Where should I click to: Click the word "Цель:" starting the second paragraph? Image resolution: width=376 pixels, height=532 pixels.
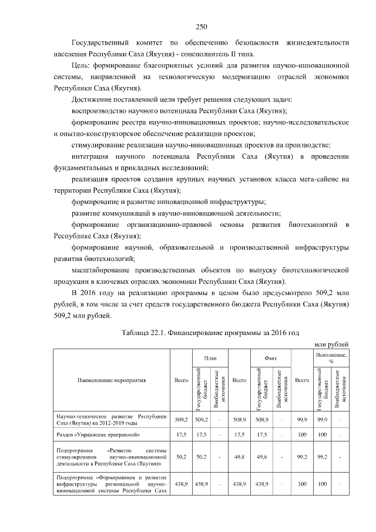pyautogui.click(x=80, y=66)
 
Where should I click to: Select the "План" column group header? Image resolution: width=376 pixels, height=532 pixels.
pyautogui.click(x=202, y=357)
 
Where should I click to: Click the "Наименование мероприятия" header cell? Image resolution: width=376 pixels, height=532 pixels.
pyautogui.click(x=112, y=380)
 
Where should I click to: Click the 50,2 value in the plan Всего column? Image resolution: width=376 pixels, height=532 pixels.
pyautogui.click(x=181, y=456)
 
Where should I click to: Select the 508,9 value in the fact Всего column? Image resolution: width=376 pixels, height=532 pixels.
pyautogui.click(x=239, y=419)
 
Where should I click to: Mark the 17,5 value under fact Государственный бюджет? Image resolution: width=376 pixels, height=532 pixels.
pyautogui.click(x=262, y=435)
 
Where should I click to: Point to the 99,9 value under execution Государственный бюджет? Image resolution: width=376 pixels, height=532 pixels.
pyautogui.click(x=322, y=419)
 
